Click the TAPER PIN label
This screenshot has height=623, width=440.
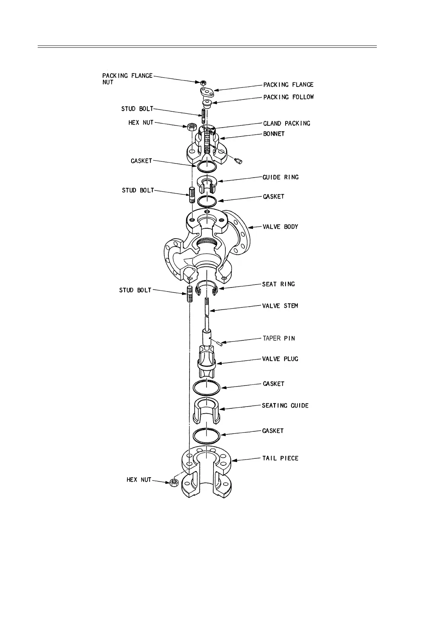(279, 338)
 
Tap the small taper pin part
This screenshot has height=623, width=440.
(219, 343)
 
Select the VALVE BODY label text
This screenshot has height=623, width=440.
(280, 226)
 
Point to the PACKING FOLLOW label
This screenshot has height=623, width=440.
(288, 97)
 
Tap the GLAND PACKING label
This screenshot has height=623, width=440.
(286, 123)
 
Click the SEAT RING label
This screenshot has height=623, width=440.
(278, 284)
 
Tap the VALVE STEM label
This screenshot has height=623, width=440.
(280, 306)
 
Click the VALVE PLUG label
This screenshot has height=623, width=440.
(280, 359)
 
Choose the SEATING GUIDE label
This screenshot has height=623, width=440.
(285, 405)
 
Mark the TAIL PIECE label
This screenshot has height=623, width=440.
(280, 458)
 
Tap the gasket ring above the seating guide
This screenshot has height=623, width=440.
(207, 388)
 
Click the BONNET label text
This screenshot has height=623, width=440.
(274, 134)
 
